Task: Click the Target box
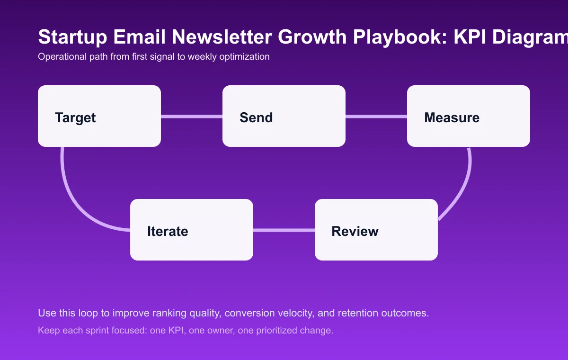[99, 116]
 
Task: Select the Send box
[284, 116]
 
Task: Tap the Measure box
[469, 116]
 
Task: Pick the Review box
[376, 230]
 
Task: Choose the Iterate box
[192, 230]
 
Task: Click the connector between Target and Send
[192, 116]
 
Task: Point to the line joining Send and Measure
[376, 116]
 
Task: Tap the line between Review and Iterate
[284, 230]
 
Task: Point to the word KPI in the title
[471, 37]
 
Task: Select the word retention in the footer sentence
[368, 313]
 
